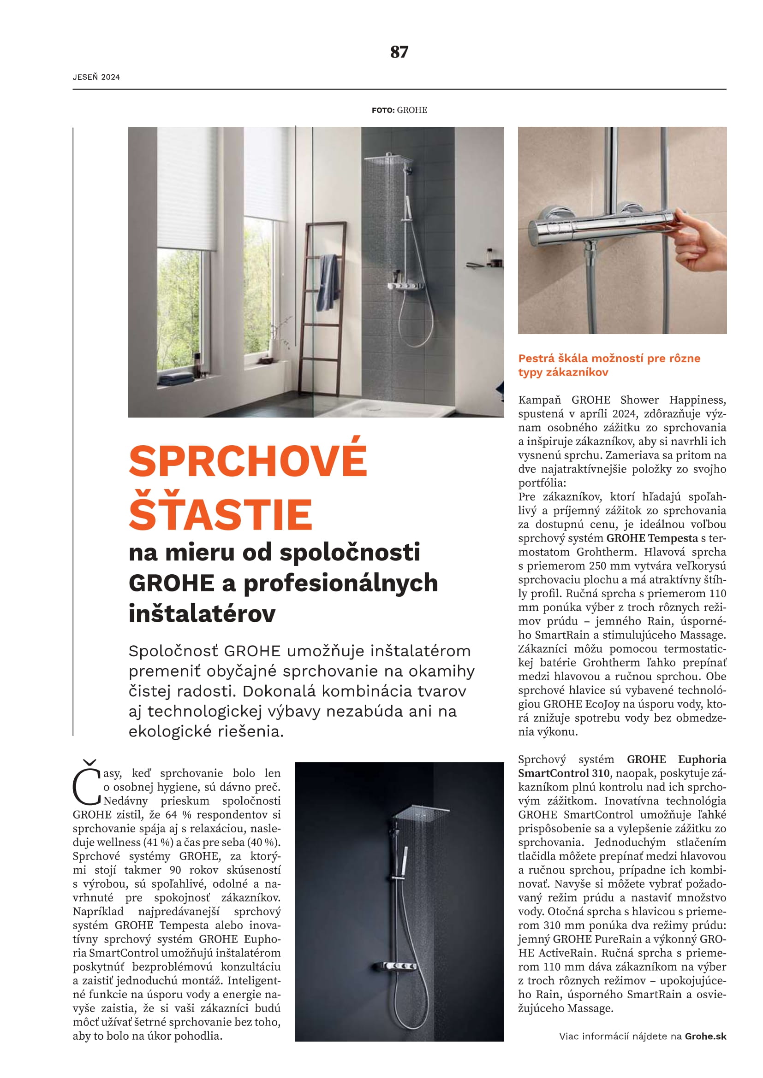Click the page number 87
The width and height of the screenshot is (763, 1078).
coord(399,52)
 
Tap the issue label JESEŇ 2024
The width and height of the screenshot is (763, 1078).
coord(96,77)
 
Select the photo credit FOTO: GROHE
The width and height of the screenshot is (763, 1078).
coord(399,110)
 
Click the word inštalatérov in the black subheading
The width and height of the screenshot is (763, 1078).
coord(202,613)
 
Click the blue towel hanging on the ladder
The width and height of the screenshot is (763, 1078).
coord(328,279)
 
